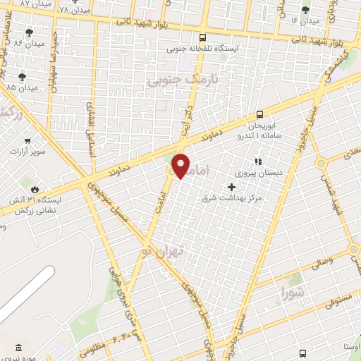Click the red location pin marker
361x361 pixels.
(181, 166)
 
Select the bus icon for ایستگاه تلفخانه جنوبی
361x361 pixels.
(203, 38)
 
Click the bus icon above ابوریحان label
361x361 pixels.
(260, 114)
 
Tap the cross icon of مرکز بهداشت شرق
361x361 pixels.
(231, 187)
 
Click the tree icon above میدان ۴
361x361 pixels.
(305, 10)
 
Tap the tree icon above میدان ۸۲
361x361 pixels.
(29, 32)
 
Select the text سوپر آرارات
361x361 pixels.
(27, 152)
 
